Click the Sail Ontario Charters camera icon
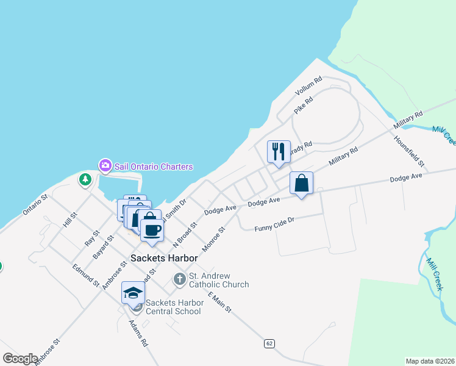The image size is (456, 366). pos(105,165)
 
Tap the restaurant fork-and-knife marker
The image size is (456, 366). pos(279,151)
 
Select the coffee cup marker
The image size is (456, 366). pos(152,230)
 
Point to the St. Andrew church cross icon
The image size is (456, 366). pos(179,280)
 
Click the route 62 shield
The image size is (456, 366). pos(269,344)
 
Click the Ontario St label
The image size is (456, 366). pos(35,205)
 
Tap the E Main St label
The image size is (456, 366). pos(219,302)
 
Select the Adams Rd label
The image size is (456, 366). pos(138,334)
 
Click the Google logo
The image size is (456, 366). pos(20,359)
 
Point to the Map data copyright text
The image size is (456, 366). pos(430,361)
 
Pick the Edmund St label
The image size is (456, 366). pos(85,275)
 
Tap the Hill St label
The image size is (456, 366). pos(70,220)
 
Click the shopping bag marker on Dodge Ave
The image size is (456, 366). pos(302,182)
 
